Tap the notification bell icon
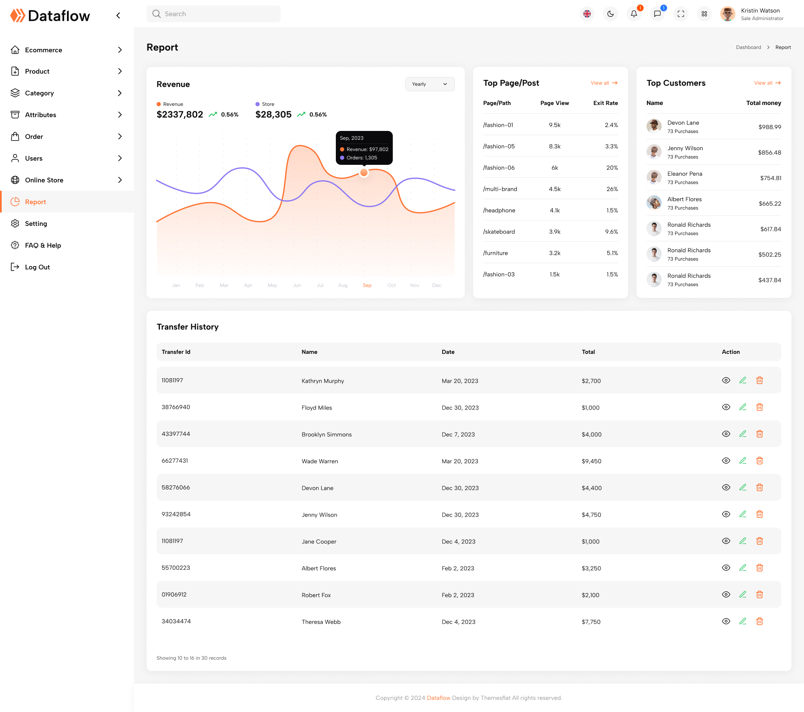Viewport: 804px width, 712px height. pyautogui.click(x=634, y=14)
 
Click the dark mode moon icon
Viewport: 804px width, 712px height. pyautogui.click(x=611, y=14)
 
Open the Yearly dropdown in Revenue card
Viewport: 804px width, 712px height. pyautogui.click(x=430, y=84)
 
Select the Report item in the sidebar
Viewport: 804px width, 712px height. pyautogui.click(x=36, y=202)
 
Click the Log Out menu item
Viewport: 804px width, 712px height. pyautogui.click(x=37, y=267)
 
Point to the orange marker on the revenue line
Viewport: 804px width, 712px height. pyautogui.click(x=364, y=172)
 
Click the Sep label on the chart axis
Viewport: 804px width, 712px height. pyautogui.click(x=367, y=285)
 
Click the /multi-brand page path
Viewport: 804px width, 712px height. pyautogui.click(x=500, y=189)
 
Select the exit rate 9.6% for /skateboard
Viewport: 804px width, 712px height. pyautogui.click(x=611, y=232)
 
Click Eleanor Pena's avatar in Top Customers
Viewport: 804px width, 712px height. pyautogui.click(x=654, y=177)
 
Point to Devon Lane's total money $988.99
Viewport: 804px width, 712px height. pyautogui.click(x=770, y=127)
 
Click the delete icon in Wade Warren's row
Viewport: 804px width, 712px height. pyautogui.click(x=760, y=461)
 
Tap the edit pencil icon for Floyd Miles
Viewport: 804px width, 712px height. pyautogui.click(x=743, y=407)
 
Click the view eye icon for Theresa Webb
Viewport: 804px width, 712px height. pyautogui.click(x=726, y=621)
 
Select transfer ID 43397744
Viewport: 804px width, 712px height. pyautogui.click(x=176, y=434)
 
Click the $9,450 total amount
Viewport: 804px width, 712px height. pyautogui.click(x=591, y=461)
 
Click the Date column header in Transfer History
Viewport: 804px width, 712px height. pyautogui.click(x=448, y=352)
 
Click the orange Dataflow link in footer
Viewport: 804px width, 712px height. pyautogui.click(x=438, y=698)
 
